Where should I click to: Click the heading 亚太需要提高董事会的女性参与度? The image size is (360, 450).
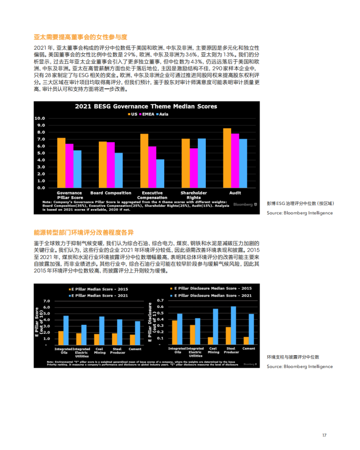80,38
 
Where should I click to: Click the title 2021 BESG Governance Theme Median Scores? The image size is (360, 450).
146,107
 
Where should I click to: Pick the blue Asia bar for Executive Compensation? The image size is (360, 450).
160,173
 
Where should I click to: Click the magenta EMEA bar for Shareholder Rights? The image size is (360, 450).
194,167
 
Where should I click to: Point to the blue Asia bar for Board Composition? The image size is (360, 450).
119,170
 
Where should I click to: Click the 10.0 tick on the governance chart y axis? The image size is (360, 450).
40,118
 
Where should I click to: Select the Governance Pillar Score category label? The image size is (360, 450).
69,195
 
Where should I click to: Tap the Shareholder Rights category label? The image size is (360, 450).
194,195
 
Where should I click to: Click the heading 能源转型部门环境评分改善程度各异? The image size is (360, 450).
84,232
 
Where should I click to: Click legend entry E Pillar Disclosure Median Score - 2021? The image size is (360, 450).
213,295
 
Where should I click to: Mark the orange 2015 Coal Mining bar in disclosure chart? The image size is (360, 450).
210,340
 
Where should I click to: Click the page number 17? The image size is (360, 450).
325,435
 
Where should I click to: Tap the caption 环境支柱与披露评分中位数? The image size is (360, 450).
293,358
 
